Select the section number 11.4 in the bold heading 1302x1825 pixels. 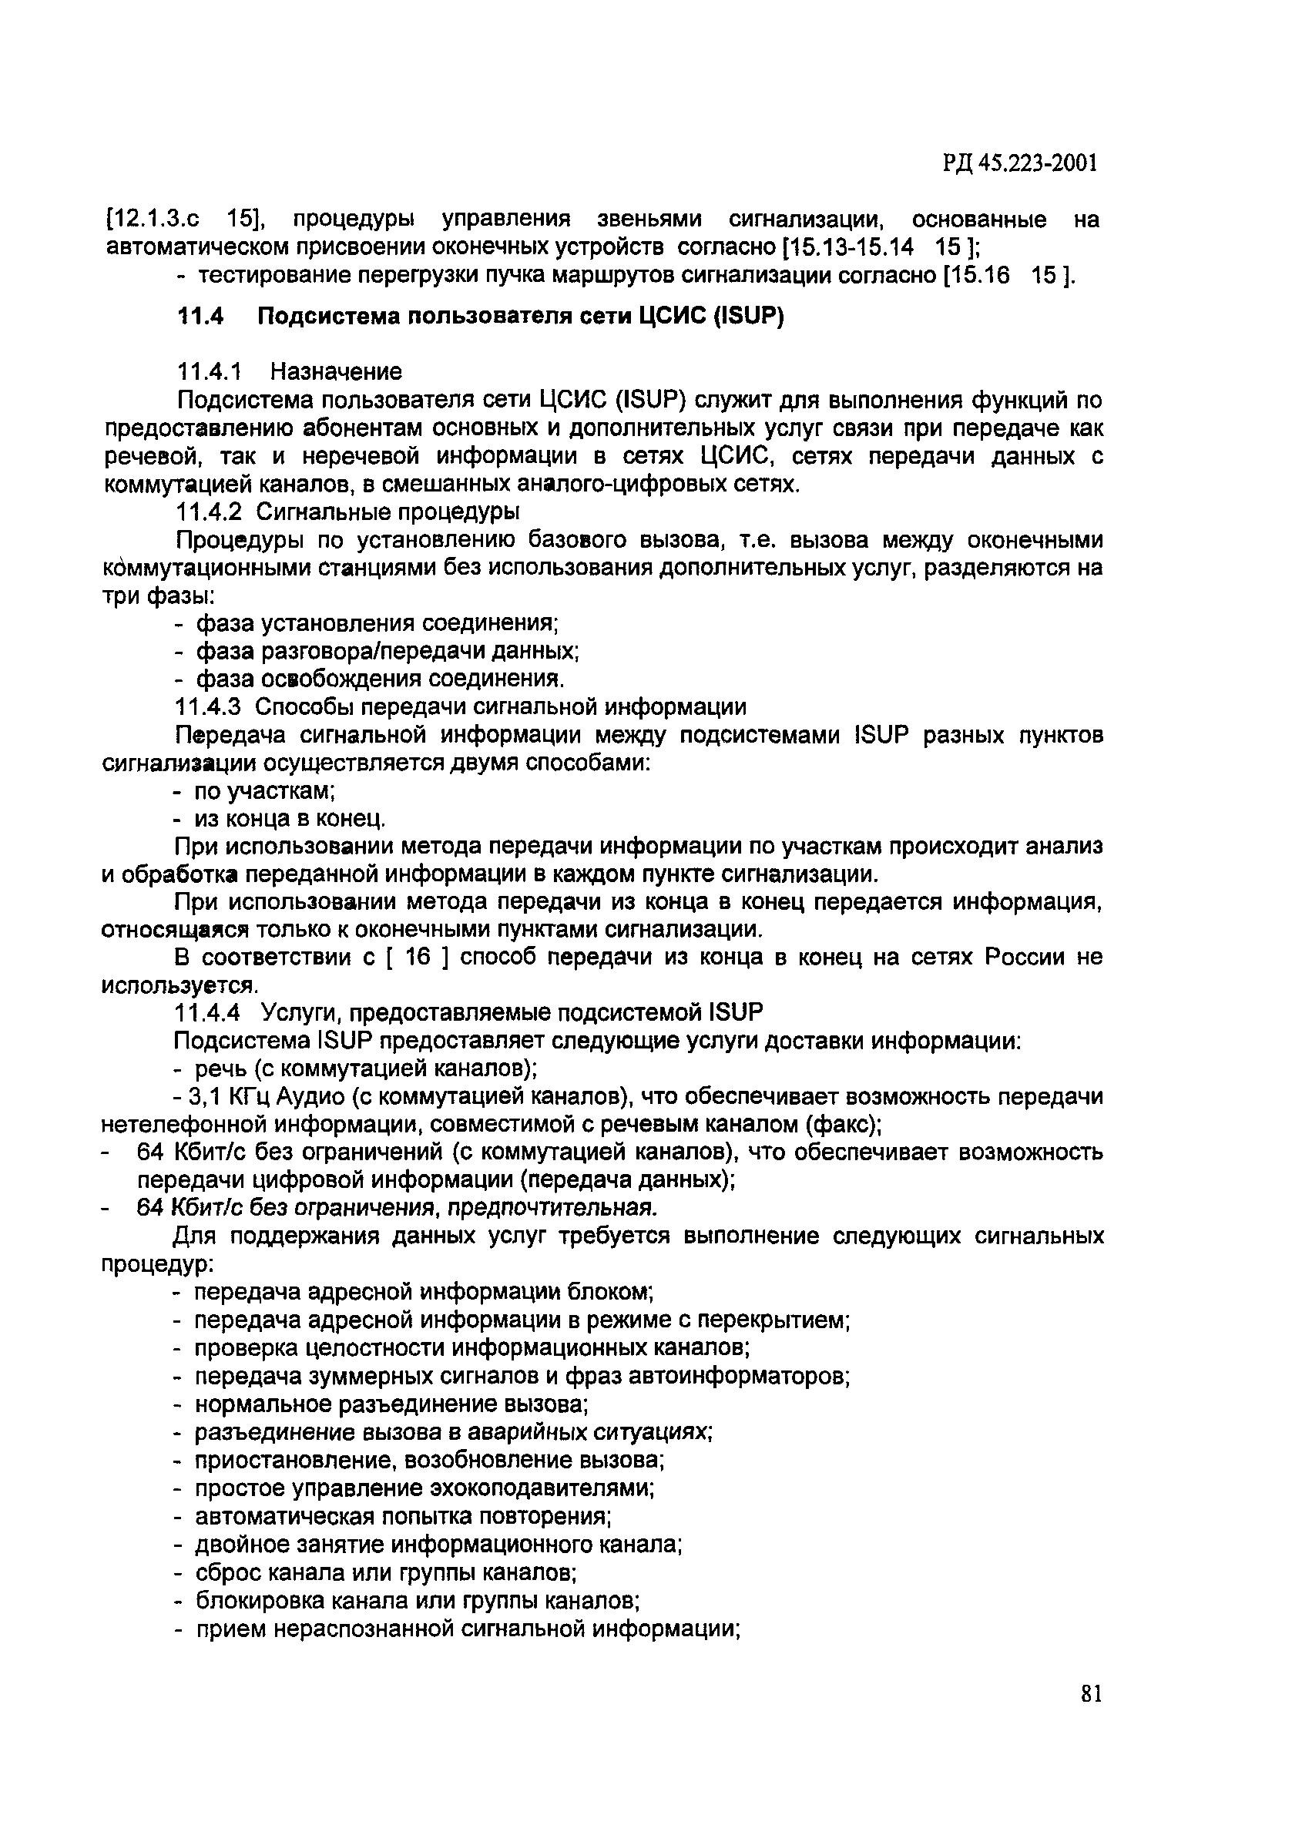[x=200, y=317]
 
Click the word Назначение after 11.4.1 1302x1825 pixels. [x=336, y=371]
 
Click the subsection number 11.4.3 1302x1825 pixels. [x=211, y=706]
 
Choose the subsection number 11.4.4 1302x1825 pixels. [x=209, y=1013]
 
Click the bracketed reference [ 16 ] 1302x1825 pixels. [x=418, y=957]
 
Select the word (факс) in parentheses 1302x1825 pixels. [x=841, y=1125]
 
